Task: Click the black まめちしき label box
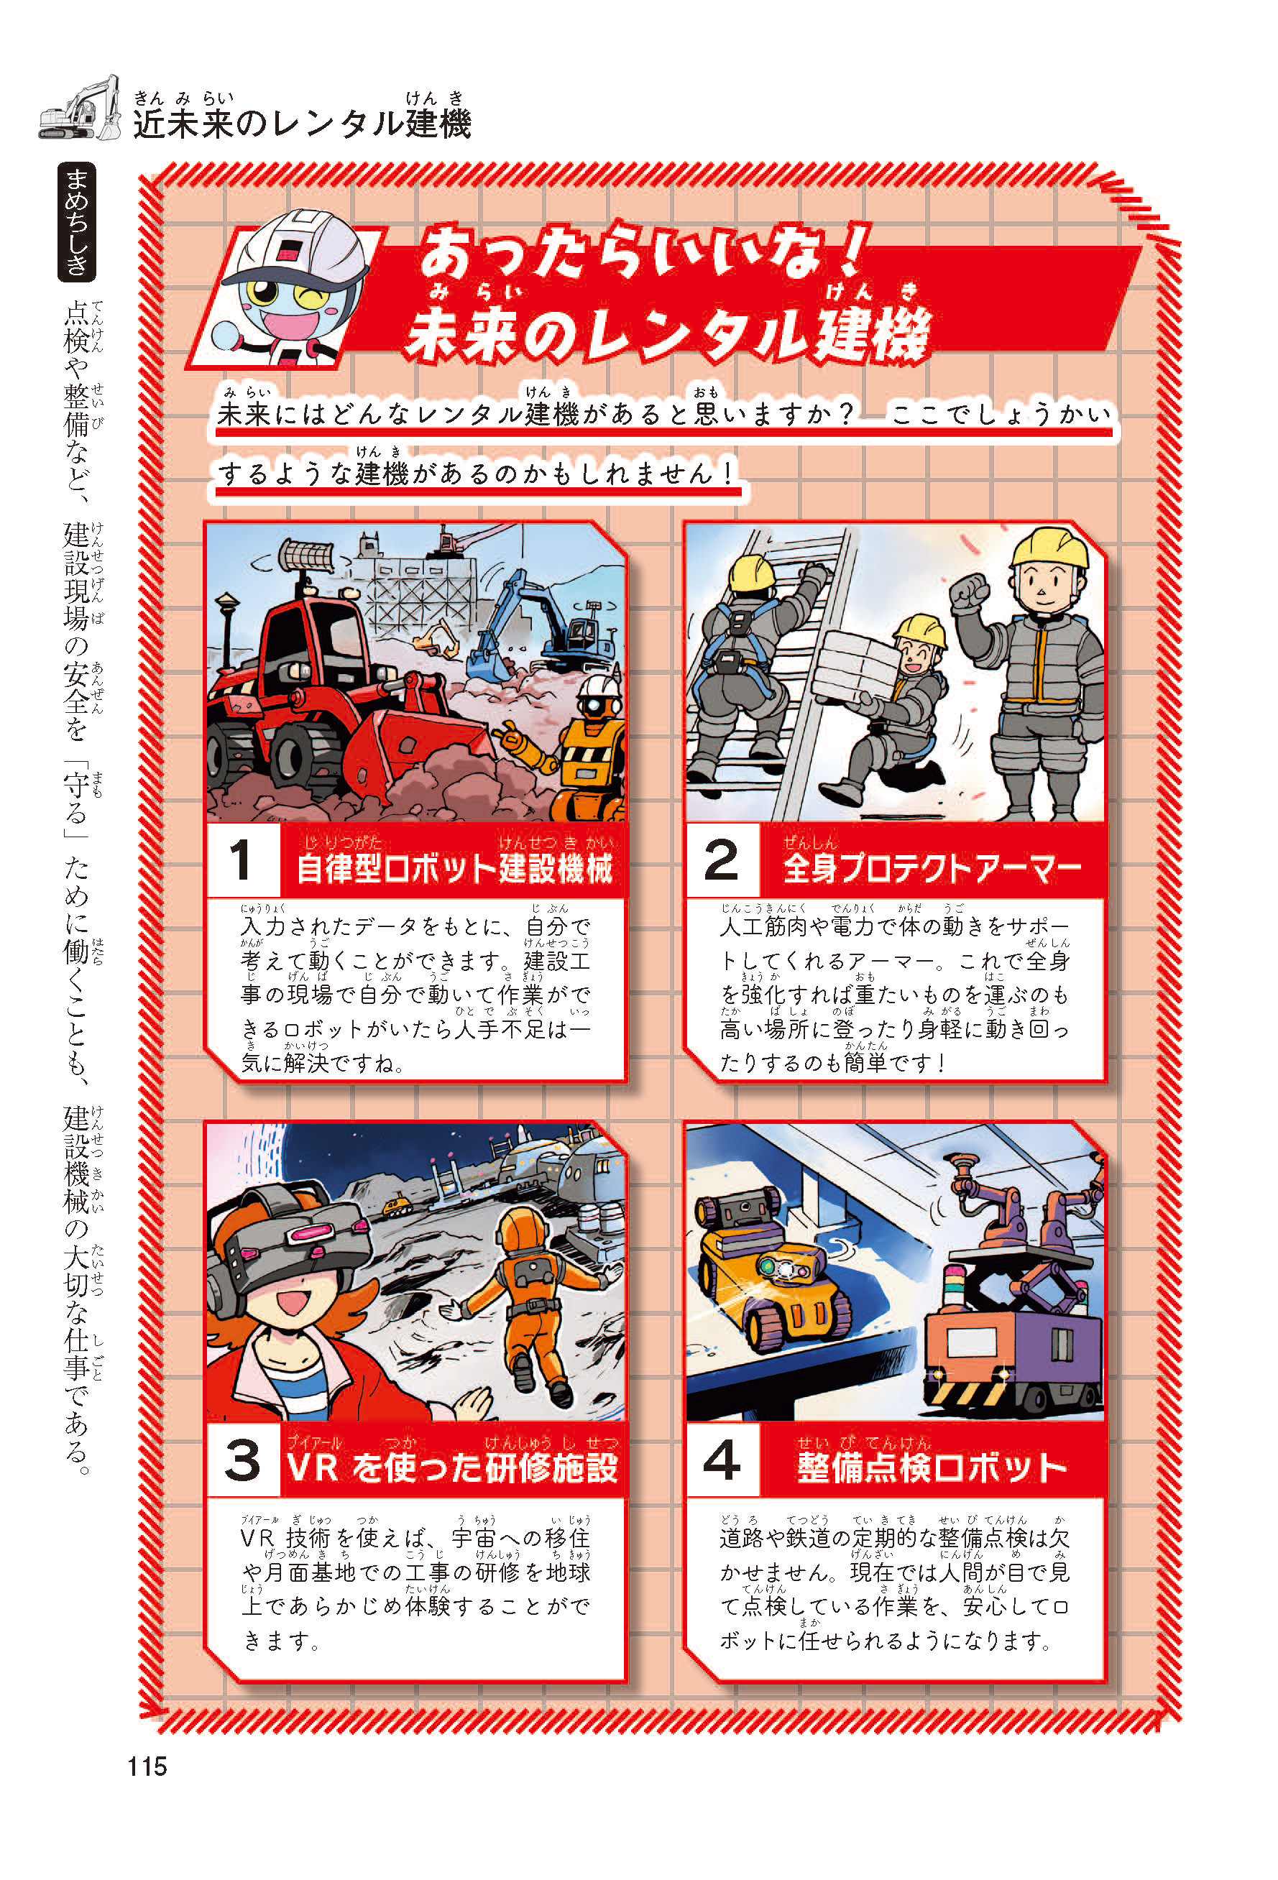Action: point(77,221)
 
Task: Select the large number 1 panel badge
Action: point(242,861)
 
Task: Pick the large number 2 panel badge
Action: point(722,861)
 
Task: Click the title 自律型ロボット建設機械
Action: point(454,869)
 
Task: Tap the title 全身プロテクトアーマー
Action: point(932,869)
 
